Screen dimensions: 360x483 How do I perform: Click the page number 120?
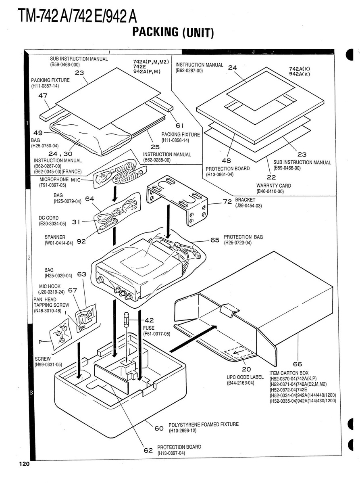24,464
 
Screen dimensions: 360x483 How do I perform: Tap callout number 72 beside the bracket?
227,202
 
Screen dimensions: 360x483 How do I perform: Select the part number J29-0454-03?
249,206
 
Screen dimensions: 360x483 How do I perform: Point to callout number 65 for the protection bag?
215,240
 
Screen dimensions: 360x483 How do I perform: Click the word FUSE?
149,328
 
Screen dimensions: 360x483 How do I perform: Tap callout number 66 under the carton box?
298,364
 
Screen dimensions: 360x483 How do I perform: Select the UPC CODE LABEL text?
245,377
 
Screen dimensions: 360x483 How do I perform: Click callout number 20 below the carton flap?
246,369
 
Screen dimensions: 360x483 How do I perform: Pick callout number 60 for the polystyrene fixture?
159,428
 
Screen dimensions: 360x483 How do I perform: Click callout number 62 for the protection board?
148,450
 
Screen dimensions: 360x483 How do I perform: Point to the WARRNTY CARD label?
274,186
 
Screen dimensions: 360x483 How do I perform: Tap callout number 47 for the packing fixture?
43,96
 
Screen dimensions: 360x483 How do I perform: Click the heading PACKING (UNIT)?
173,32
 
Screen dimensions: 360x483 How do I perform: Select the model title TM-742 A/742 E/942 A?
77,16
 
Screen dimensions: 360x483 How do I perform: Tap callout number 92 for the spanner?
81,241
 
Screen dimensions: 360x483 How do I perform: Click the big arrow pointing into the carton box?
193,338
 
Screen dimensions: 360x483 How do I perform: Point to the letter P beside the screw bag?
40,342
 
